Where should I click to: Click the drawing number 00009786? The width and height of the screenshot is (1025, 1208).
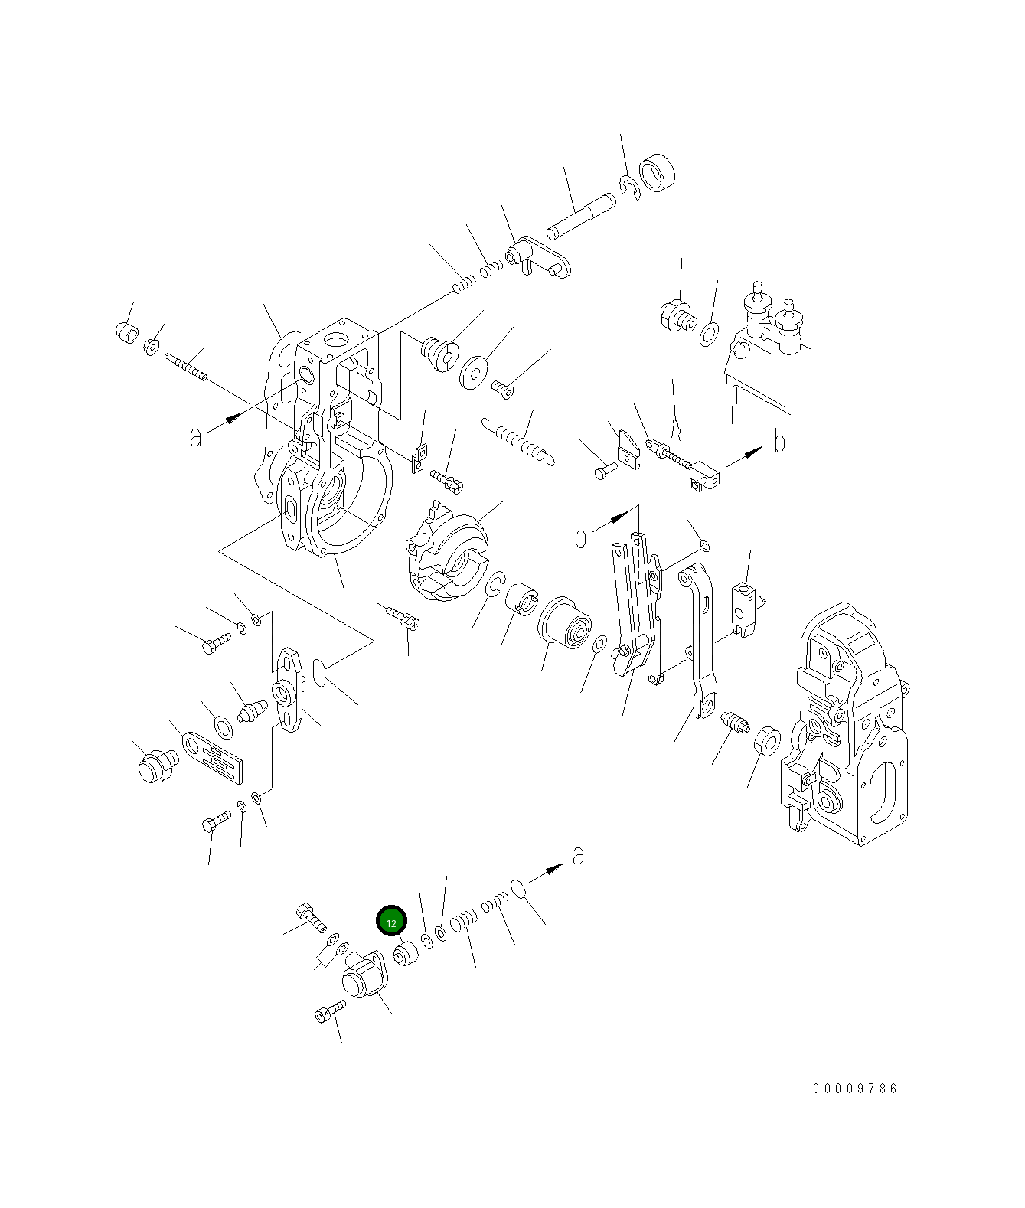click(855, 1088)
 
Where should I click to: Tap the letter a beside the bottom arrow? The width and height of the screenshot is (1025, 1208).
click(579, 855)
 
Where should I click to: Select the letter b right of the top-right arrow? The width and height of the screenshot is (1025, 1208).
click(779, 442)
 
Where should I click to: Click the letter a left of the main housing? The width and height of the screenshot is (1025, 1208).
click(197, 436)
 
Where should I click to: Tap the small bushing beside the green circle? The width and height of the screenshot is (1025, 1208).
click(406, 955)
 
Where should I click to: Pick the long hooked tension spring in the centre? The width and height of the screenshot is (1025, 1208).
click(521, 442)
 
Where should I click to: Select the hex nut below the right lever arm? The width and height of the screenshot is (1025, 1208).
click(765, 741)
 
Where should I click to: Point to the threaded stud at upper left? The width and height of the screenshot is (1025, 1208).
click(186, 366)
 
